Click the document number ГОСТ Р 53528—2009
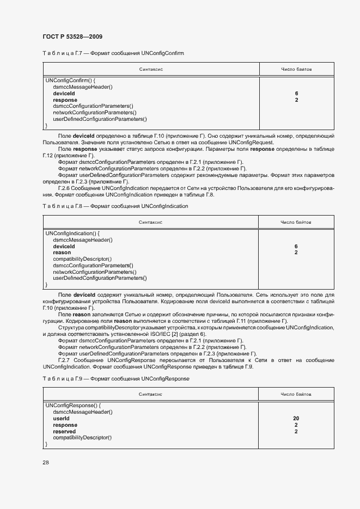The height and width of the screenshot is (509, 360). (72, 36)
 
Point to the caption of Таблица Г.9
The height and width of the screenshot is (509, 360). (116, 378)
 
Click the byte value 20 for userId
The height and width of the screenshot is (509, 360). (296, 418)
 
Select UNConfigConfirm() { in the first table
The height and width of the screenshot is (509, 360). (71, 81)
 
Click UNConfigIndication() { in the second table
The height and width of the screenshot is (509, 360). (72, 233)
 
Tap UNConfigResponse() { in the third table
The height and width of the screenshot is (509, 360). (73, 405)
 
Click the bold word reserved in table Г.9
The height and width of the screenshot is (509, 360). (64, 431)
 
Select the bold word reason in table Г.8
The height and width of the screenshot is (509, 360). (62, 253)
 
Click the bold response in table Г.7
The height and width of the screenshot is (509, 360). (65, 100)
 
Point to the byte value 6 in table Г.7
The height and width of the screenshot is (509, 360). (296, 94)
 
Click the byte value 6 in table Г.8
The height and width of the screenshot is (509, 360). (296, 246)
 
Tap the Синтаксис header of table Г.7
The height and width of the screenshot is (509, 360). (151, 70)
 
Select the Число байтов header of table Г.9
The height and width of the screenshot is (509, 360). (296, 394)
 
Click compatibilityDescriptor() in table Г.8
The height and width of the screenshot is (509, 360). (82, 259)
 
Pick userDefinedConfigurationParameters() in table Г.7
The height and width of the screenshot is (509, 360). (100, 119)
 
